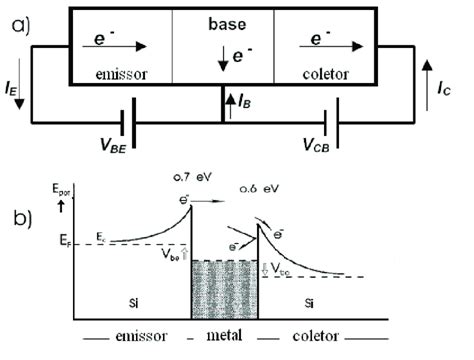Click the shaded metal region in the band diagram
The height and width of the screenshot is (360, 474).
(x=225, y=290)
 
